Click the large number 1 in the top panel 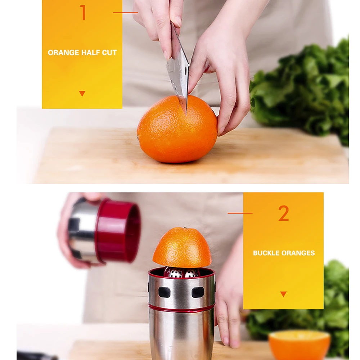83,13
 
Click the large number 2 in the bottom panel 284,213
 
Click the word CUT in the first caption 109,53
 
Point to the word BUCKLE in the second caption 266,253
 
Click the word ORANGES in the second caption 298,253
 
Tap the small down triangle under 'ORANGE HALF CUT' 82,94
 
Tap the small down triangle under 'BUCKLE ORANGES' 284,294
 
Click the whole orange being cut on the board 177,129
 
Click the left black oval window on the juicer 165,292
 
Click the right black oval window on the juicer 198,292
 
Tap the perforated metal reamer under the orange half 181,272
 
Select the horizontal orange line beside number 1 125,13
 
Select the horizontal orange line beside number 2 240,213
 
